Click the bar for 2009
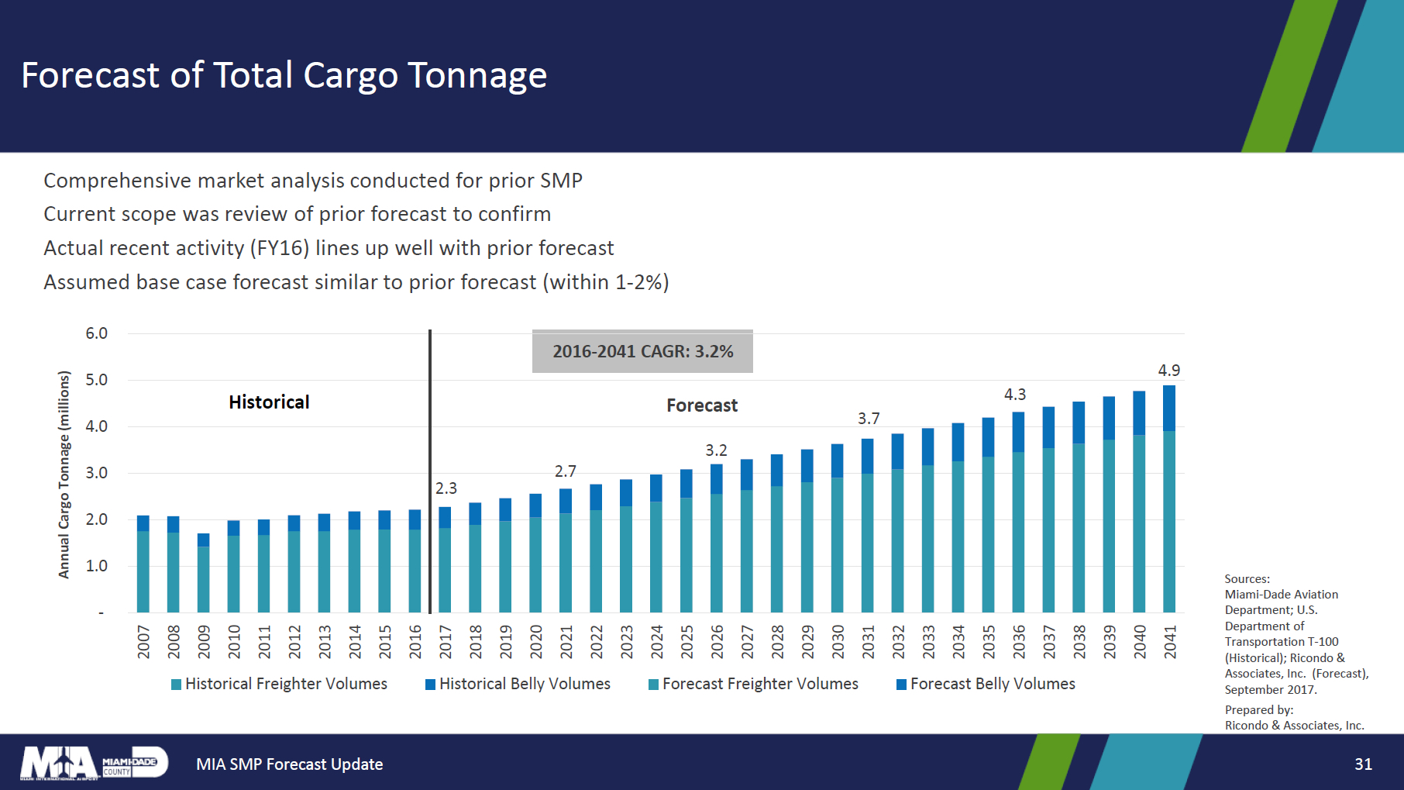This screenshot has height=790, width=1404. coord(203,574)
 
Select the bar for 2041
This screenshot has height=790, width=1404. coord(1168,499)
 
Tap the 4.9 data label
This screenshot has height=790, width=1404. coord(1168,371)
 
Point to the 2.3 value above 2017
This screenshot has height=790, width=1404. coord(446,488)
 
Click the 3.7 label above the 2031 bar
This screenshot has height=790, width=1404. coord(868,419)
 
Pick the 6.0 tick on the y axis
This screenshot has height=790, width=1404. coord(96,333)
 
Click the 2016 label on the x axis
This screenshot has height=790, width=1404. coord(415,642)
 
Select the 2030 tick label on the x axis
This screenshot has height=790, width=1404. coord(838,642)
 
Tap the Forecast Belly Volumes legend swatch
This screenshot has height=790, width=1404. coord(901,685)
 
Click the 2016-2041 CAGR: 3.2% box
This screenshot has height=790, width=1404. coord(642,351)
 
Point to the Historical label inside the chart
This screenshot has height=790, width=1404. coord(269,402)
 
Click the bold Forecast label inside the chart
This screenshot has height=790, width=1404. coord(702,405)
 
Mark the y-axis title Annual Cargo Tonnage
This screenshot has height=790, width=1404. coord(64,474)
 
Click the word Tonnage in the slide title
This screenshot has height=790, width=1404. coord(477,75)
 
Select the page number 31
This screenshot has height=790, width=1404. coord(1363,764)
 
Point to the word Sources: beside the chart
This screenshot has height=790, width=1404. coord(1247,579)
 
